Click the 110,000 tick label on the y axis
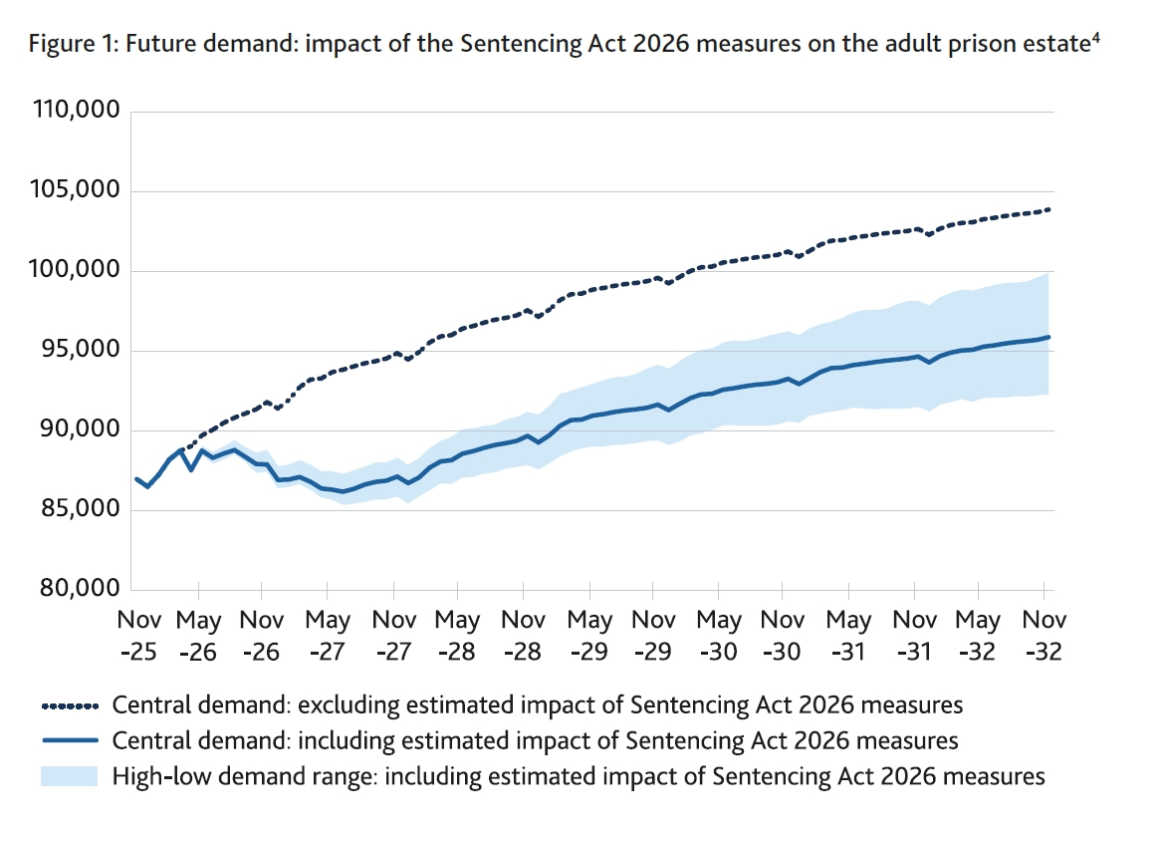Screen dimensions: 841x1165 tap(73, 111)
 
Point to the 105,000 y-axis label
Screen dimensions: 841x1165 tap(73, 190)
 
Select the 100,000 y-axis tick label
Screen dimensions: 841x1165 tap(73, 271)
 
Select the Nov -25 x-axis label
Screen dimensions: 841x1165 tap(137, 636)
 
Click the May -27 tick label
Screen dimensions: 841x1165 tap(328, 636)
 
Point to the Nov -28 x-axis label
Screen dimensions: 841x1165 tap(524, 636)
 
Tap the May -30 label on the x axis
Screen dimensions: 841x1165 tap(719, 636)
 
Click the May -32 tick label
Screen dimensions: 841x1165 tap(978, 636)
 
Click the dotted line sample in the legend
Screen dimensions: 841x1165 tap(70, 706)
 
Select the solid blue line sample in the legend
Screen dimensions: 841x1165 tap(70, 740)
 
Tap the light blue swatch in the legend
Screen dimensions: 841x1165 tap(70, 775)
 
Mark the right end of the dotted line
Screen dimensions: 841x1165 tap(1048, 209)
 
